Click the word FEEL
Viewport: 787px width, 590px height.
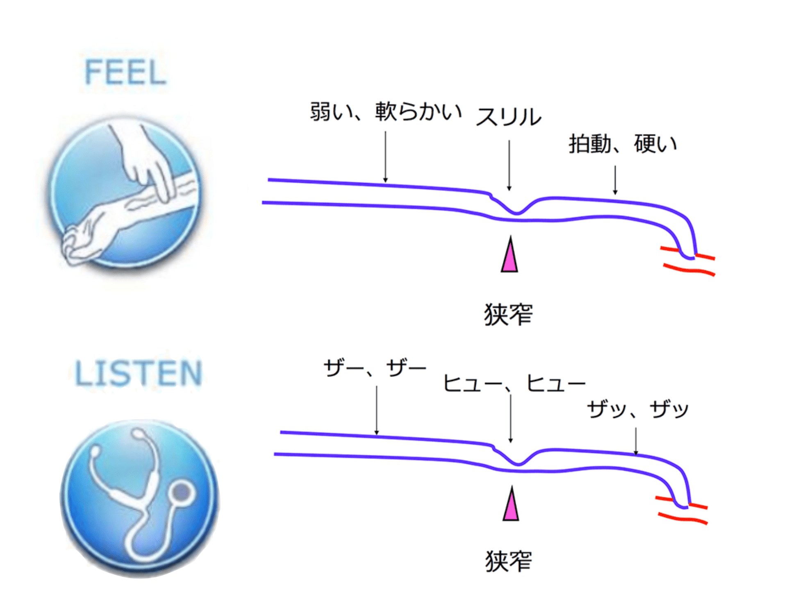tap(125, 72)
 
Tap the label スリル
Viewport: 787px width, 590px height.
tap(508, 117)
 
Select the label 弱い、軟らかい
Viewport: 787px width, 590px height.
tap(385, 111)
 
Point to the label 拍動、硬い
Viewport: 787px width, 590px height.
tap(622, 144)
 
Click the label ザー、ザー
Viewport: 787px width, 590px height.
tap(375, 368)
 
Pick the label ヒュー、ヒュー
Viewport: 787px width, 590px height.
tap(514, 383)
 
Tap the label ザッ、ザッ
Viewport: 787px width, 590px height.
tap(638, 409)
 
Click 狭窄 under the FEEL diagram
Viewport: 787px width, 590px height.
tap(508, 315)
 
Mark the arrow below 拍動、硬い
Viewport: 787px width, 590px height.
tap(615, 180)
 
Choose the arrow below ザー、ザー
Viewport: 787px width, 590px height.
tap(376, 410)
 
